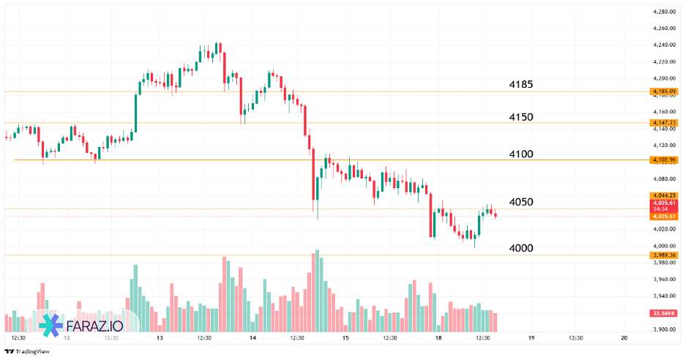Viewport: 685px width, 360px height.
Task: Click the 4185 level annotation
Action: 520,85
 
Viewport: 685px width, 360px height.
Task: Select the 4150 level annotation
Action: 520,117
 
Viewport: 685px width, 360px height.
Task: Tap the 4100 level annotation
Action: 520,154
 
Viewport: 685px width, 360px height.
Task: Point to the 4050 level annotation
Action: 520,202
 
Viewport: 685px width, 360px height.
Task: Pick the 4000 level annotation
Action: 520,248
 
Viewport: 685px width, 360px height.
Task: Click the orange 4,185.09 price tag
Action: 664,91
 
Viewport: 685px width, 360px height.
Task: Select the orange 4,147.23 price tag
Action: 664,123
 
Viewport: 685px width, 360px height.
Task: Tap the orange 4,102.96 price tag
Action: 664,160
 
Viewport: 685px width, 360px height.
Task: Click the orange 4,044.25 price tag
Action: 664,195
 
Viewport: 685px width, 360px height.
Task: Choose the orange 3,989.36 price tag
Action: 664,255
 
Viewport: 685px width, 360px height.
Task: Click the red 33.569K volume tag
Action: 664,313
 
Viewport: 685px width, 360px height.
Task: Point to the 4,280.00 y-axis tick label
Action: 663,12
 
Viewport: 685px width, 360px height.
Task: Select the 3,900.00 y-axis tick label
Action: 663,329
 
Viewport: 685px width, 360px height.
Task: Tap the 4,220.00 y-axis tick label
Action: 663,62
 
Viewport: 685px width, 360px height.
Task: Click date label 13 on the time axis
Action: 160,338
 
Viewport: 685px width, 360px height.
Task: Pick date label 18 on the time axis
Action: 438,338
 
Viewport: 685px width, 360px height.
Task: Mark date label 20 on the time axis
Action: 624,338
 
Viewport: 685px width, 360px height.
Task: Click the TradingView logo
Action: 27,351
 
